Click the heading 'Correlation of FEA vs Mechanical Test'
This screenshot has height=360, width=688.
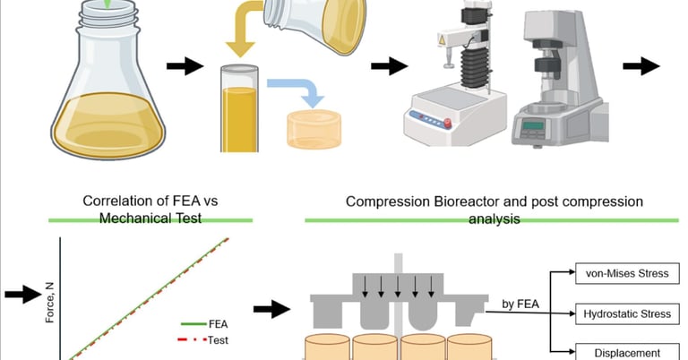point(150,210)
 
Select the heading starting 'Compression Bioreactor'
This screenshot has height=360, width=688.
point(494,210)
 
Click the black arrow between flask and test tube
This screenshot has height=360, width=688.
point(182,66)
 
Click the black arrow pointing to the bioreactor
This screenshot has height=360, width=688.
point(272,310)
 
